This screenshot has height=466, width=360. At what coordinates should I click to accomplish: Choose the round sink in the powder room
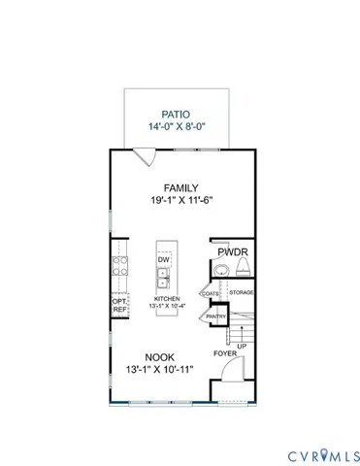point(219,269)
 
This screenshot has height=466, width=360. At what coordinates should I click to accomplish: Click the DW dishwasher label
point(164,260)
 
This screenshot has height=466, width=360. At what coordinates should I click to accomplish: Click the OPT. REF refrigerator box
point(119,306)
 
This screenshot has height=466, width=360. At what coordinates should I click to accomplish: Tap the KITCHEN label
point(166,298)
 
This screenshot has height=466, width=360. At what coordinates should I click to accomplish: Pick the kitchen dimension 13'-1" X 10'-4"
point(166,306)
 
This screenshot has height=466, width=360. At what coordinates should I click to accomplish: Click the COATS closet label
point(210,293)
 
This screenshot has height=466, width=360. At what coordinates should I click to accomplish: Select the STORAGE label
point(241,292)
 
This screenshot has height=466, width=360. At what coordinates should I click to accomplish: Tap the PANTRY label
point(215,316)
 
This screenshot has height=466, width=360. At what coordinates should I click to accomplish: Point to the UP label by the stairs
point(241,347)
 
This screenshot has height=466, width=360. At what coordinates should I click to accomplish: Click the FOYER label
point(224,353)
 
